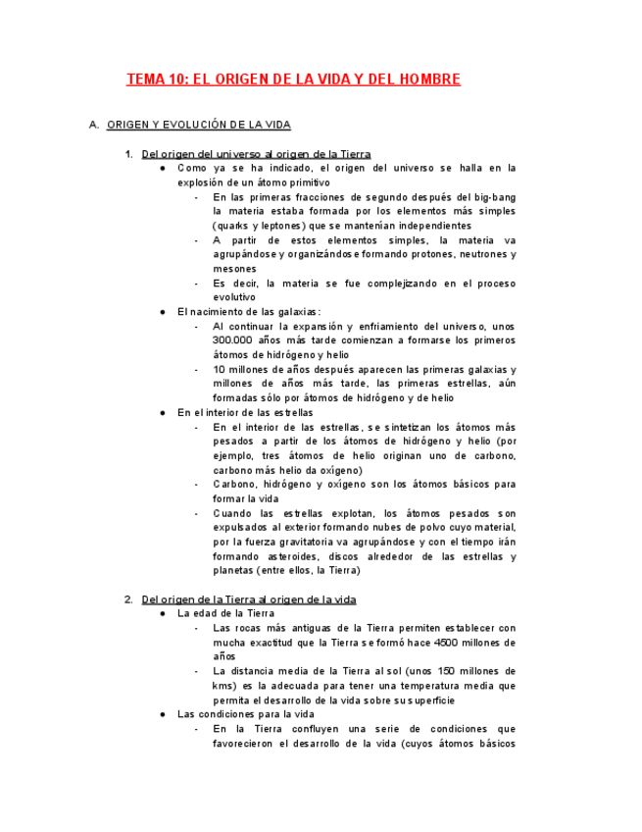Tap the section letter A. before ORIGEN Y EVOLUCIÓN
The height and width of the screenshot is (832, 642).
[93, 126]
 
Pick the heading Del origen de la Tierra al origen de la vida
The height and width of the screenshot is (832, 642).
[249, 599]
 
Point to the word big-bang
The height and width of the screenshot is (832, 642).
[494, 197]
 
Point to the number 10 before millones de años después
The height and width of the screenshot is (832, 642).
[220, 369]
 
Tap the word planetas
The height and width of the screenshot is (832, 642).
[234, 570]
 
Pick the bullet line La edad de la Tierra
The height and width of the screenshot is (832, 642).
[225, 613]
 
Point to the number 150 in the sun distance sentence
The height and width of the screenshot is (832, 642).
[445, 671]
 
